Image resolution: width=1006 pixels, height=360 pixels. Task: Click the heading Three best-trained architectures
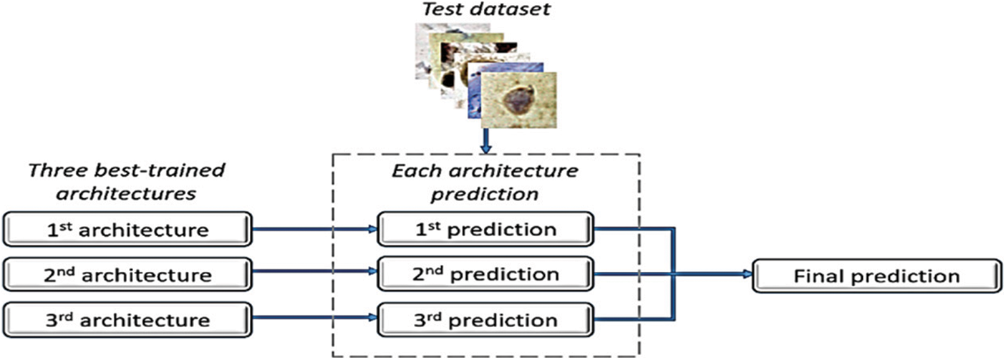click(x=126, y=183)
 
